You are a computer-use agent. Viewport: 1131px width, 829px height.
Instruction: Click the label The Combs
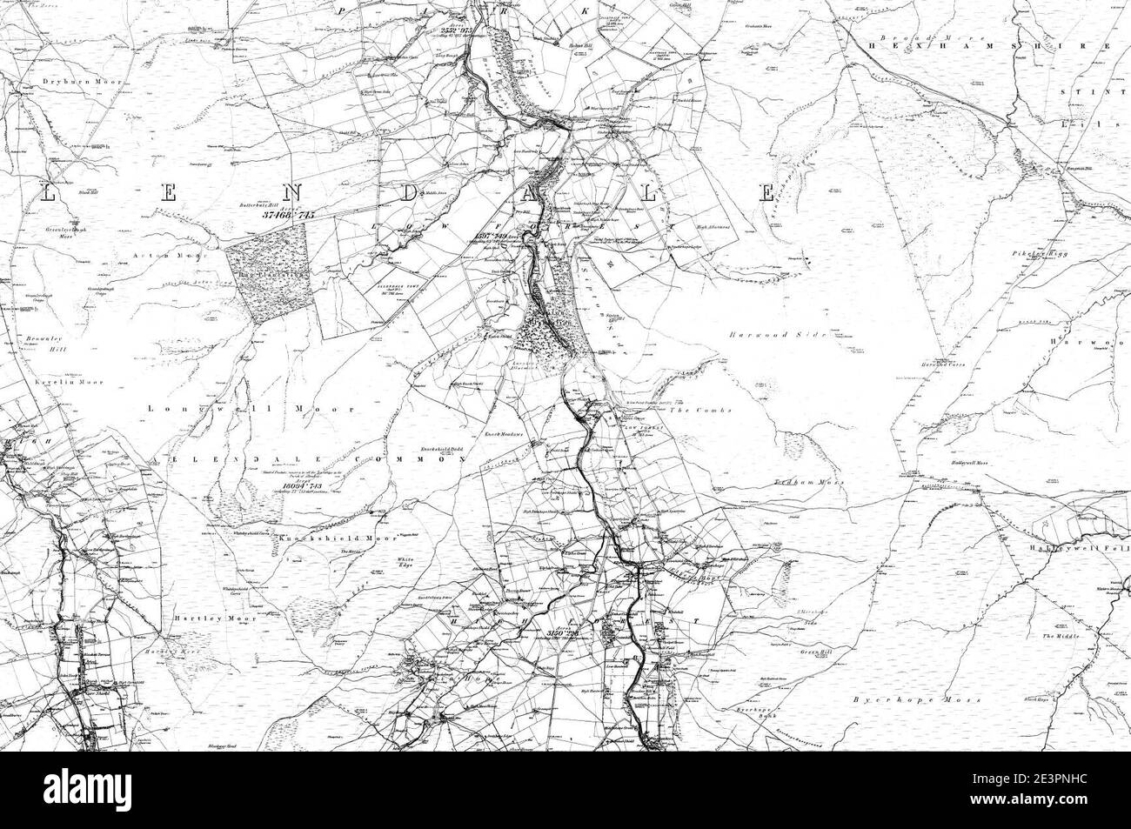(x=709, y=410)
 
